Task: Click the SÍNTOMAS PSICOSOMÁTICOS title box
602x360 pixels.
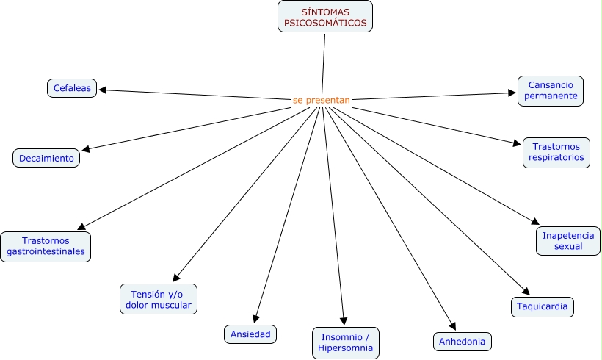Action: [325, 17]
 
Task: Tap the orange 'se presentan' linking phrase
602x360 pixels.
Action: [321, 100]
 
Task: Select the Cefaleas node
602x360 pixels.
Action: [72, 88]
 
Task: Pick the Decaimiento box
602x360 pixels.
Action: [46, 158]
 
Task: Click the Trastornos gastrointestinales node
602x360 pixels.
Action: [46, 246]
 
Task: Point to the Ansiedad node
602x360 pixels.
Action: [251, 334]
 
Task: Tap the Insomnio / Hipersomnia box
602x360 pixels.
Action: [346, 342]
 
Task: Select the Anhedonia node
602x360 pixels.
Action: [462, 342]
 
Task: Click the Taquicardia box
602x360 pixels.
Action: [542, 306]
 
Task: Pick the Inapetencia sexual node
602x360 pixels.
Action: [567, 241]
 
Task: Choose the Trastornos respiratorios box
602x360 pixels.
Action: [556, 152]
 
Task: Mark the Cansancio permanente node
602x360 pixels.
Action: [551, 90]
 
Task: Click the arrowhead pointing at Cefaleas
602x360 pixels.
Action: [102, 90]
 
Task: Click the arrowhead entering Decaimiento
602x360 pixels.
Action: [86, 150]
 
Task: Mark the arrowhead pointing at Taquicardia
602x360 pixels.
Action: [524, 291]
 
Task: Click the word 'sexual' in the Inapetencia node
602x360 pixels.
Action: [568, 247]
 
